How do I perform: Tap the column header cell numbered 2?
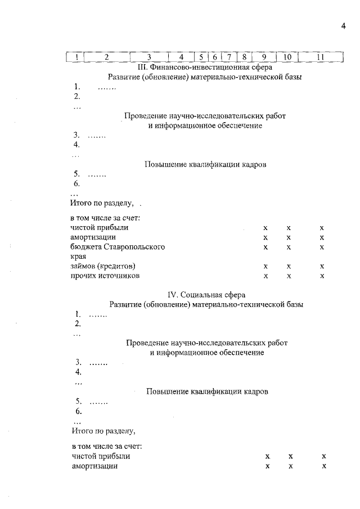[106, 57]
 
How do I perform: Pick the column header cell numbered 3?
[148, 57]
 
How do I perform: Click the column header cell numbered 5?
[201, 57]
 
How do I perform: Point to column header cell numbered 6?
[214, 57]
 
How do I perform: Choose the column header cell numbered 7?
[229, 57]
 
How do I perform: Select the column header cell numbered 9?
[263, 57]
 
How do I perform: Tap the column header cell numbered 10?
[286, 57]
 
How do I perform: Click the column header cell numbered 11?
[320, 57]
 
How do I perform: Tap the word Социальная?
[204, 294]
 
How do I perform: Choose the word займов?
[82, 266]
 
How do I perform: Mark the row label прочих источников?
[105, 276]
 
